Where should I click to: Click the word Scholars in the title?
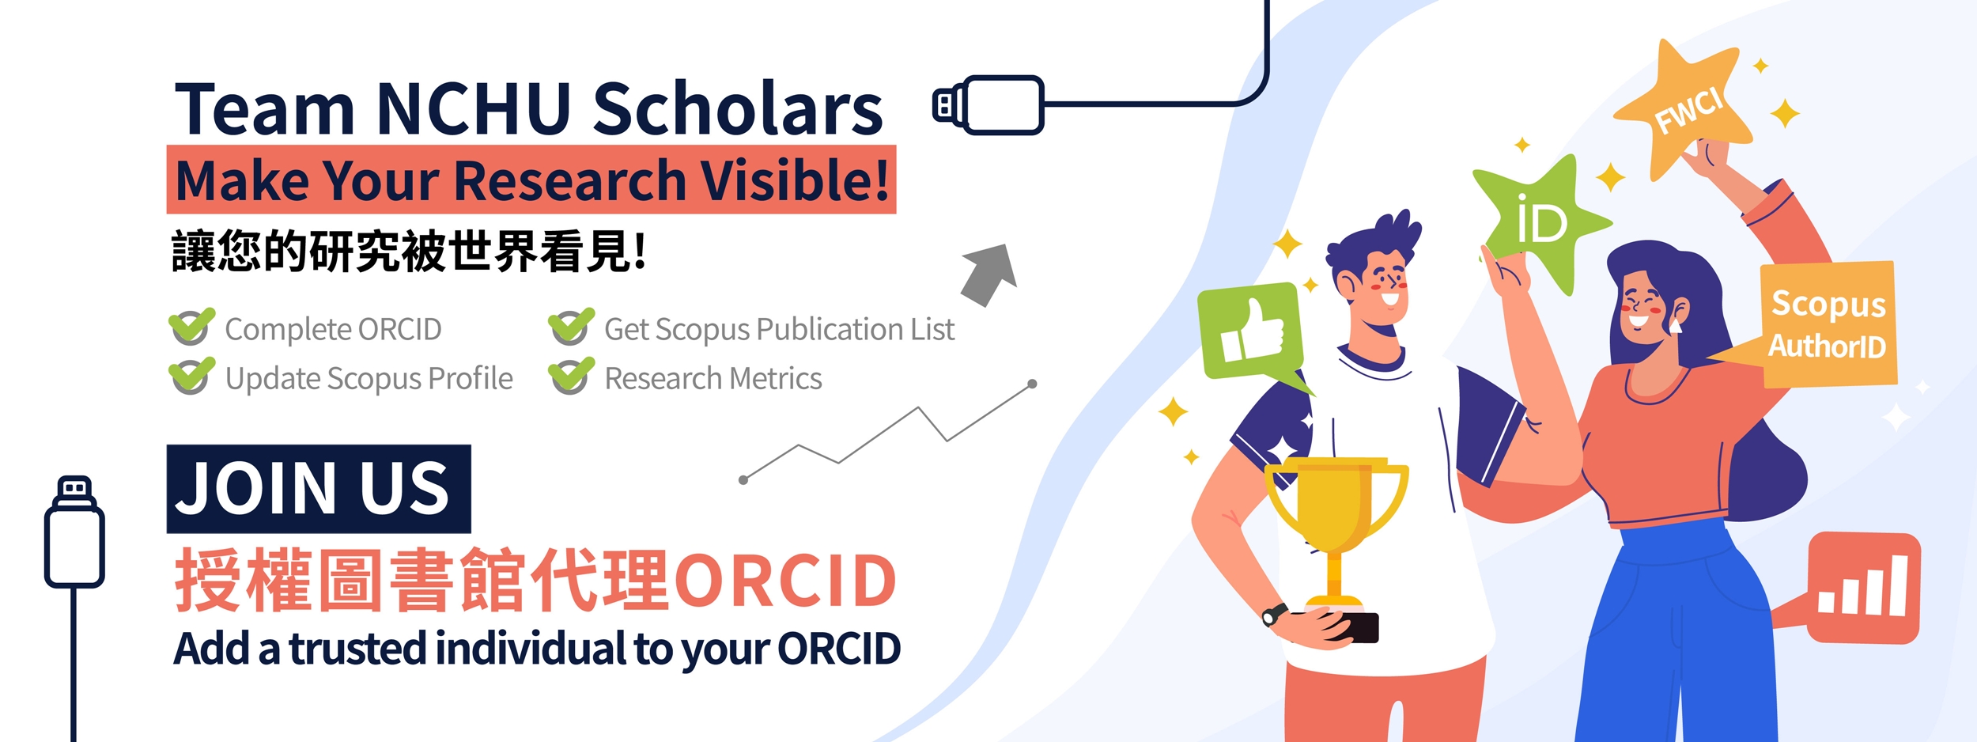tap(737, 108)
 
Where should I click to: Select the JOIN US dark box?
tap(319, 489)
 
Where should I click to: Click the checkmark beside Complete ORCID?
tap(191, 326)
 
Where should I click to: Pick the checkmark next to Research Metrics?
tap(571, 376)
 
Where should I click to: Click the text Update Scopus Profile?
tap(369, 379)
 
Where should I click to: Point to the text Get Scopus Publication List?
tap(779, 330)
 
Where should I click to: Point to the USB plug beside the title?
tap(988, 105)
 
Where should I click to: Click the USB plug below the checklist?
tap(74, 532)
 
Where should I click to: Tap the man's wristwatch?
tap(1274, 614)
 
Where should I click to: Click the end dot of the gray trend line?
tap(1032, 384)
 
